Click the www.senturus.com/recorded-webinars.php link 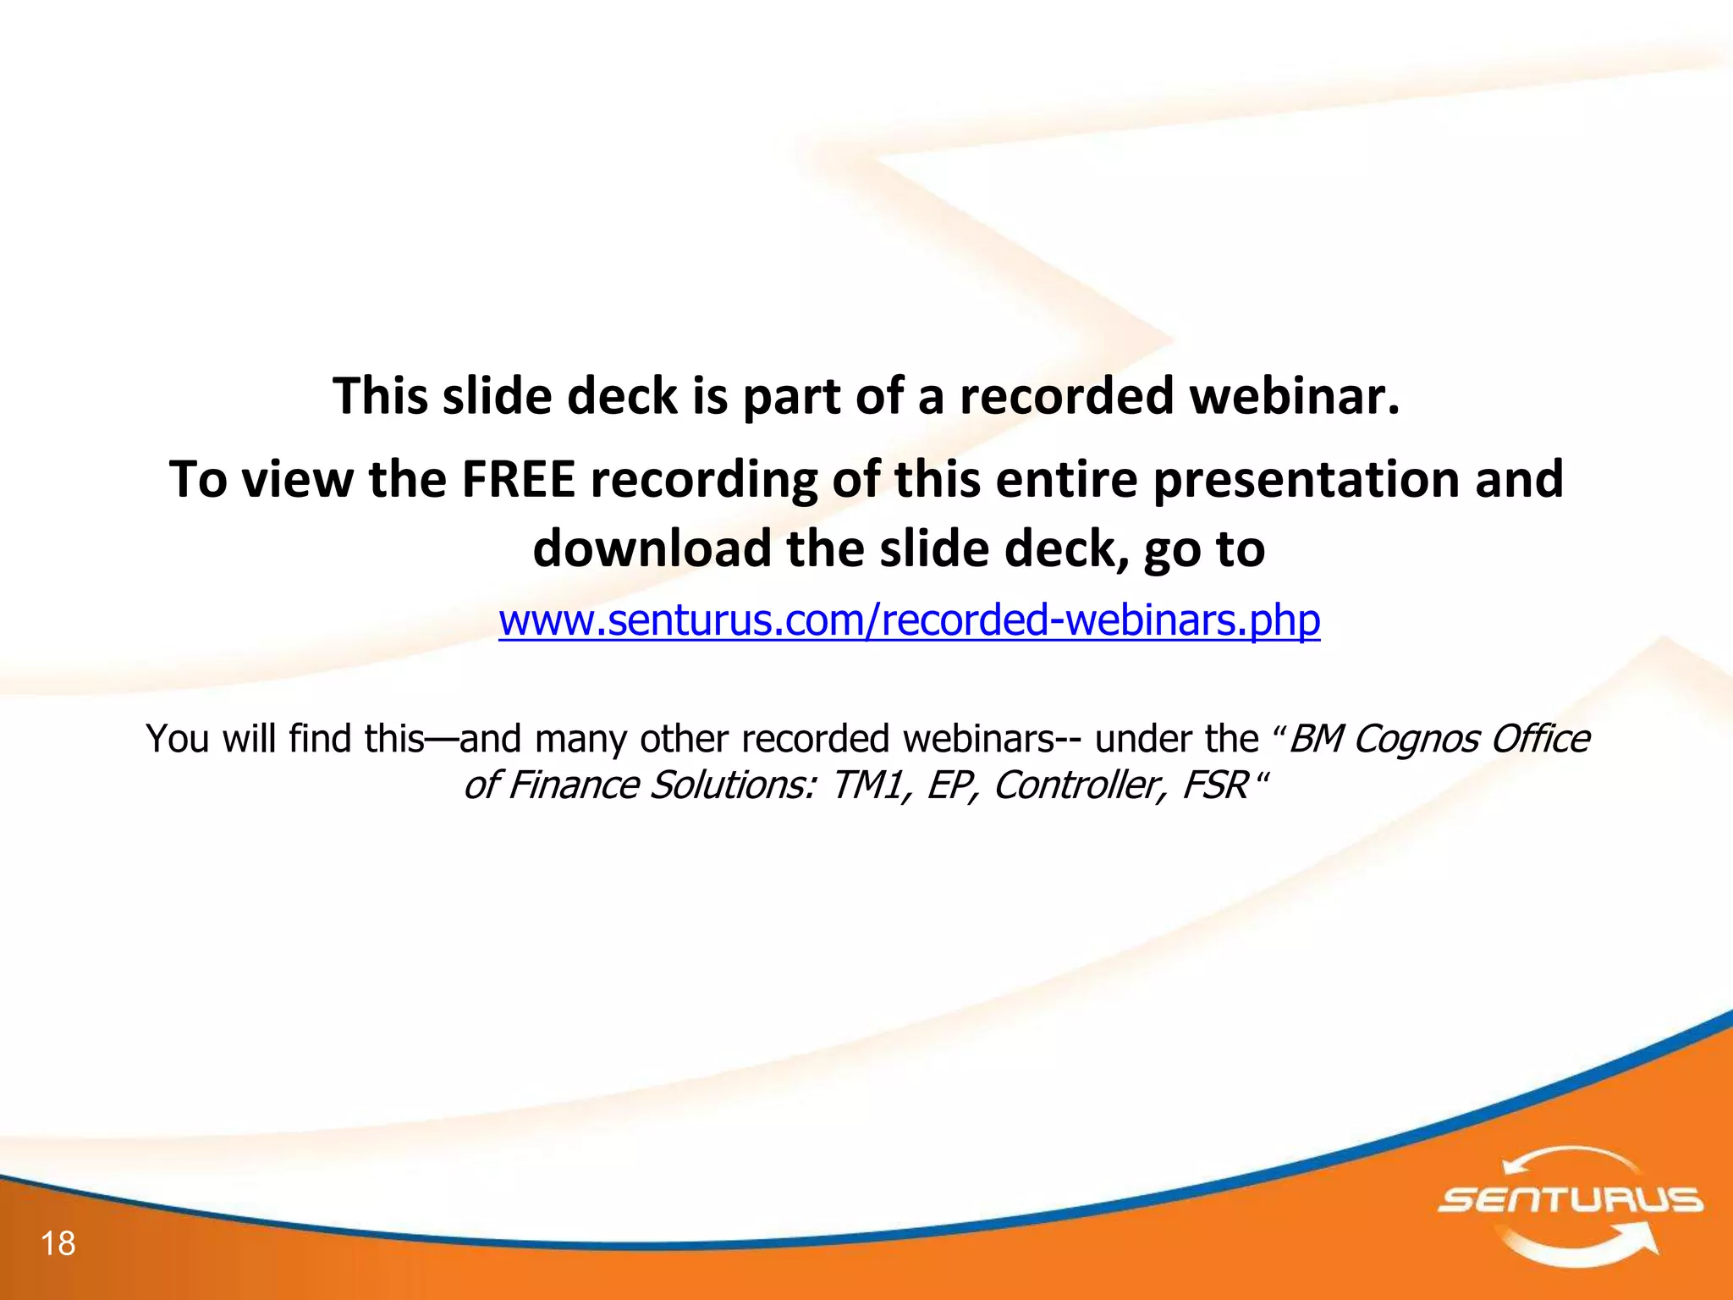(909, 620)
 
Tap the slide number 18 (58, 1243)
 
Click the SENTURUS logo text (1570, 1200)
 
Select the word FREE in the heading (518, 479)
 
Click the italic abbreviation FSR (1215, 785)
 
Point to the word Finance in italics (573, 785)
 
